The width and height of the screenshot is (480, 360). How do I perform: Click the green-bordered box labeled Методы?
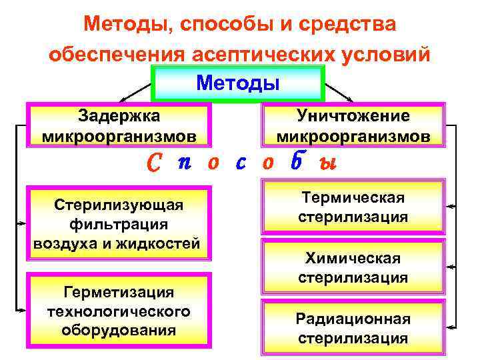pos(238,84)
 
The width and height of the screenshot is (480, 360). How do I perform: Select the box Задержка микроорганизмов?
pos(119,126)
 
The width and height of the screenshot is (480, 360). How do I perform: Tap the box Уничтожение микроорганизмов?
pos(353,126)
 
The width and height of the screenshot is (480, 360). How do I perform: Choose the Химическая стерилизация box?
pos(353,267)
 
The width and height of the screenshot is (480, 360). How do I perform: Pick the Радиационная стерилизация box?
pos(353,327)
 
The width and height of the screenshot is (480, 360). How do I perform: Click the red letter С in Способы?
pos(153,164)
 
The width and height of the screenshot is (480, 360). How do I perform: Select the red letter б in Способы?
pos(298,163)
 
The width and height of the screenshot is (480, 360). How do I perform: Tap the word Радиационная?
pos(353,319)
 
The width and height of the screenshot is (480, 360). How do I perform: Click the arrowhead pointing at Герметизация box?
pos(22,309)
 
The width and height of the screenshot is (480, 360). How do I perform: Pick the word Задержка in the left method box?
pos(119,116)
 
